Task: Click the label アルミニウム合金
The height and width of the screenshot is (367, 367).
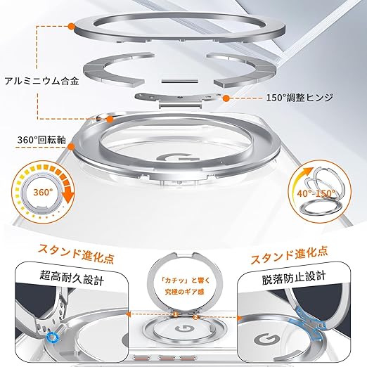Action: tap(41, 82)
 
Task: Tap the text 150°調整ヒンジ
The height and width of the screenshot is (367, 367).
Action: tap(300, 98)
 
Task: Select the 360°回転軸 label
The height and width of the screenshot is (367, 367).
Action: tap(41, 140)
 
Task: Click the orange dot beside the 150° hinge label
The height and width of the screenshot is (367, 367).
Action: tap(226, 98)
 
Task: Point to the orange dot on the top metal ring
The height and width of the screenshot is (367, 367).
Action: tap(71, 26)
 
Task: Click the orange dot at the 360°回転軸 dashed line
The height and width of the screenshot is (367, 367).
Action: tap(71, 147)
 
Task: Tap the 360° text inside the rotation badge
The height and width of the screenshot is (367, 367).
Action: tap(43, 193)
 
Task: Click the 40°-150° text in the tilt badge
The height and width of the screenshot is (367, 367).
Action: tap(316, 193)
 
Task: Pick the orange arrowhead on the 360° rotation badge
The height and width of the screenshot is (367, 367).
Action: tap(68, 197)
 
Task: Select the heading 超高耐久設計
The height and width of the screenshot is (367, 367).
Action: tap(72, 277)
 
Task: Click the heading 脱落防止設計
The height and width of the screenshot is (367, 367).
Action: tap(294, 277)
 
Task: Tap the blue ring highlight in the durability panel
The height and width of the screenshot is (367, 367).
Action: tap(52, 337)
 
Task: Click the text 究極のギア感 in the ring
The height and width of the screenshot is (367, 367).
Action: tap(184, 292)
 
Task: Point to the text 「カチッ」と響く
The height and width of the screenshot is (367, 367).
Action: tap(185, 281)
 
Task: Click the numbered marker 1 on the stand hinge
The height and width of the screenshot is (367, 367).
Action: tap(175, 314)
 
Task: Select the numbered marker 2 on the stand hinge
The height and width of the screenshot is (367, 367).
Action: tap(196, 317)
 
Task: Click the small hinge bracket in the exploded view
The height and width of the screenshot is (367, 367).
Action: tap(178, 100)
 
